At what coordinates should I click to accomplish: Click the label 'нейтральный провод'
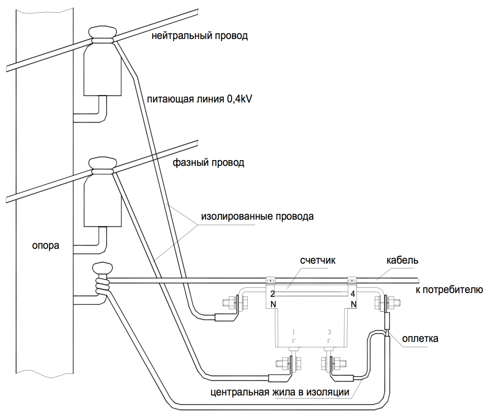click(200, 36)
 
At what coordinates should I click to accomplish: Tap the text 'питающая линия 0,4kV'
click(199, 99)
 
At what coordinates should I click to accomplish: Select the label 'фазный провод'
click(208, 163)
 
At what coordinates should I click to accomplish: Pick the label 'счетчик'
click(318, 261)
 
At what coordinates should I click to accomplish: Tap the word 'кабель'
click(403, 261)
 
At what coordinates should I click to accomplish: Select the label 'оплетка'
click(420, 339)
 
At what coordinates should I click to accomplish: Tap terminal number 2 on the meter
click(273, 294)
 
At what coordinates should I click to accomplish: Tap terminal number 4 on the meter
click(352, 294)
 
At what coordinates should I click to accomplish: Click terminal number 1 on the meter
click(294, 332)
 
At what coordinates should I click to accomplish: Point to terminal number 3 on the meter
click(330, 332)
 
